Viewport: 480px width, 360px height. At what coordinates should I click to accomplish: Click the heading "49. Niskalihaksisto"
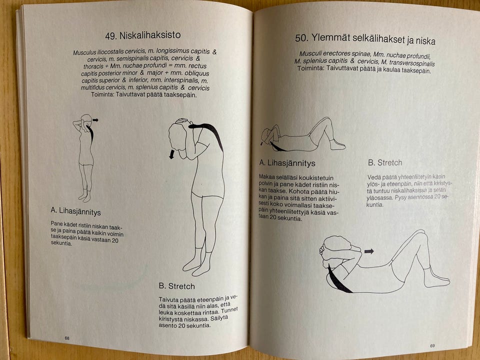(142, 36)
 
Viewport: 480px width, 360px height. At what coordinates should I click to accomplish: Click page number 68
(67, 338)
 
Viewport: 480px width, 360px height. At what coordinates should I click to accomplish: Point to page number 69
(432, 346)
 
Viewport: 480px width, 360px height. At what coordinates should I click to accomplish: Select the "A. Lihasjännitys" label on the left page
(75, 212)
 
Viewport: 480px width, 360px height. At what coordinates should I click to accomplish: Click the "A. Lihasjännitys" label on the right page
(287, 163)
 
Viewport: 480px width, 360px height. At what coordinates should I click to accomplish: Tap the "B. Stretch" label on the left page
(176, 286)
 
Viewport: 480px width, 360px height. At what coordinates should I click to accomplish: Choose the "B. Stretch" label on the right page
(385, 162)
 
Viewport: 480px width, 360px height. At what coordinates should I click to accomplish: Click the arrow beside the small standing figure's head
(95, 120)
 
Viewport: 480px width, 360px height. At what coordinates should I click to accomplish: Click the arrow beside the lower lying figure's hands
(369, 251)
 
